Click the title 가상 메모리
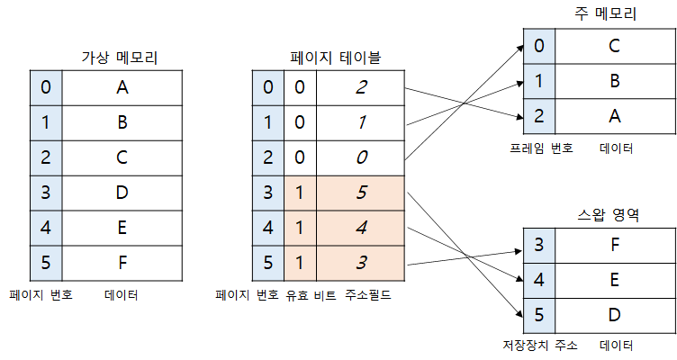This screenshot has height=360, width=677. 119,58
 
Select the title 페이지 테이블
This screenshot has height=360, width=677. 335,58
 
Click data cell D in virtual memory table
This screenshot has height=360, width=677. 122,192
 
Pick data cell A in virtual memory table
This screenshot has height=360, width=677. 122,87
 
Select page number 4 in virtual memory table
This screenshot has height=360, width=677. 46,227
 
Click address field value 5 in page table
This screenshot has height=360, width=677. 361,193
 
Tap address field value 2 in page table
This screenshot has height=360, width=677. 361,87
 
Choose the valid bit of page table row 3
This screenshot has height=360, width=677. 299,193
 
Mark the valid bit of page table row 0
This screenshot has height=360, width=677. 299,87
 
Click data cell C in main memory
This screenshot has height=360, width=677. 614,45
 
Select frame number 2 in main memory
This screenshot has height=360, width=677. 538,115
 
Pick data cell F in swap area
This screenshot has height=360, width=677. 614,245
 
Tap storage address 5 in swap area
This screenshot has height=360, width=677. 538,315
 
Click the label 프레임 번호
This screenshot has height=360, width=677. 538,147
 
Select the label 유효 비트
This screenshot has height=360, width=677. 309,294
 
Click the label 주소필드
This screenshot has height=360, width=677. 368,294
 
